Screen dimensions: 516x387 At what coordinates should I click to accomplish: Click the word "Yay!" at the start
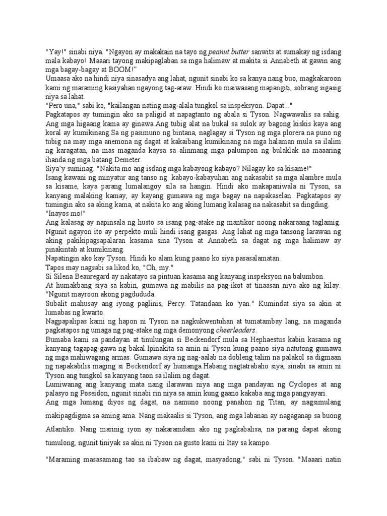(x=54, y=51)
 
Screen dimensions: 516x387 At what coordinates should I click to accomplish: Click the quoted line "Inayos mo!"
(x=63, y=214)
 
